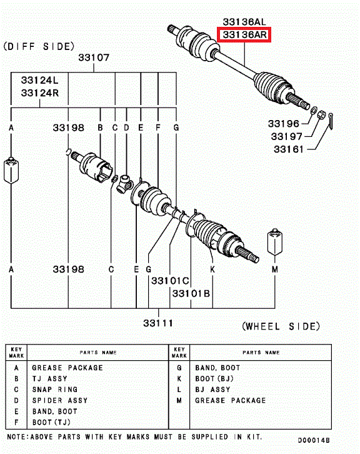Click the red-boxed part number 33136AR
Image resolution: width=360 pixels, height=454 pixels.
tap(244, 35)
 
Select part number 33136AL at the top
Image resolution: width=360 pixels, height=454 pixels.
tap(244, 22)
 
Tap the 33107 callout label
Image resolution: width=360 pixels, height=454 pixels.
tap(94, 58)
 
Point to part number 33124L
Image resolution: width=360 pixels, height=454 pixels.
tap(39, 80)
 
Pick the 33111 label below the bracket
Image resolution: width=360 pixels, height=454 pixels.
tap(158, 323)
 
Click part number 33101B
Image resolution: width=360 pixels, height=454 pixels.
tap(191, 293)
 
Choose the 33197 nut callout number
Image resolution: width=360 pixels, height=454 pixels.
tap(286, 136)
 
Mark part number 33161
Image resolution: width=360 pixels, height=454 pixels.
tap(289, 149)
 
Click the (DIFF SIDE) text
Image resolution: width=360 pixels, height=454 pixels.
tap(39, 46)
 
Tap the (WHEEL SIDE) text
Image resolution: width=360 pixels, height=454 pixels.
tap(281, 326)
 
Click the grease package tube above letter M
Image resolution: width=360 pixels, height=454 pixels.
tap(274, 242)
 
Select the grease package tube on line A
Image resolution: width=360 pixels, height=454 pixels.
tap(11, 170)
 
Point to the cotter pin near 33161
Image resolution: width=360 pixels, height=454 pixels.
tap(331, 121)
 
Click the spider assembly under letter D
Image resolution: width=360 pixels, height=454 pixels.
tap(124, 184)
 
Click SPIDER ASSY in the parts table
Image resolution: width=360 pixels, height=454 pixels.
tap(60, 400)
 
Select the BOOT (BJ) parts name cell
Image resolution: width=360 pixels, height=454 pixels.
tap(214, 379)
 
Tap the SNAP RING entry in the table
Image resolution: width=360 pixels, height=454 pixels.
tap(55, 390)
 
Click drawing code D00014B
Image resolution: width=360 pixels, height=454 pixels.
tap(314, 440)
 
